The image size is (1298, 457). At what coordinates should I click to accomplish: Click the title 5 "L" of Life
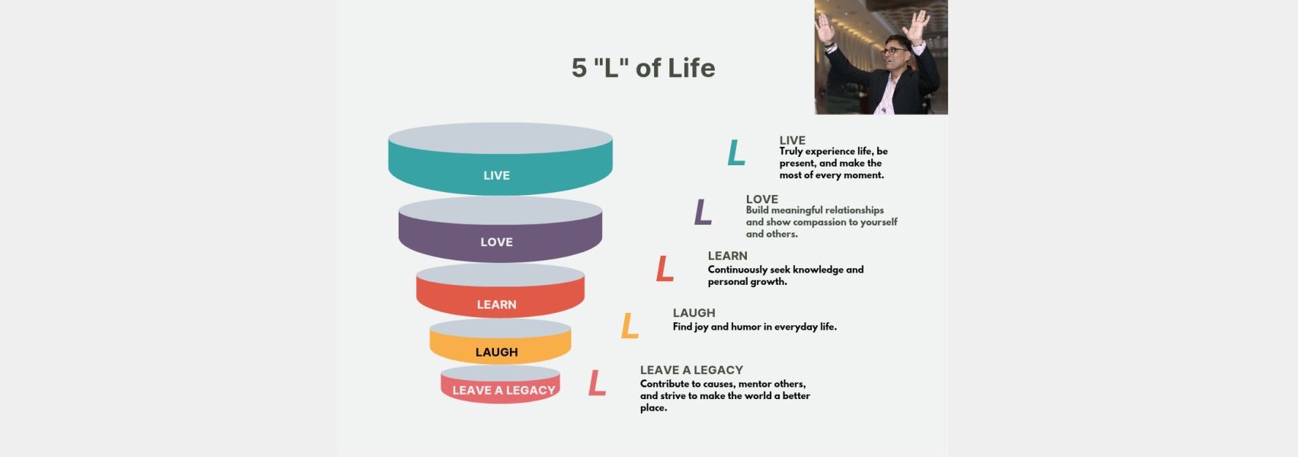tap(643, 68)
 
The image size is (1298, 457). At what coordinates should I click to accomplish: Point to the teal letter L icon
tap(736, 152)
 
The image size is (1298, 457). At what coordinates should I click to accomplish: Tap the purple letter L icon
tap(702, 212)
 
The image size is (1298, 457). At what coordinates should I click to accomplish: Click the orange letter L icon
tap(630, 325)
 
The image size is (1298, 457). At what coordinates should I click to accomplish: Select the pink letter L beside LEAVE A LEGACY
tap(597, 383)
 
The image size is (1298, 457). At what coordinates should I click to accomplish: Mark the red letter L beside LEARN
tap(664, 269)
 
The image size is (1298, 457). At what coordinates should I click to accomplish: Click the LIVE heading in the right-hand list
tap(792, 140)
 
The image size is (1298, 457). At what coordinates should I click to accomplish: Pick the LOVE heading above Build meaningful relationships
tap(761, 200)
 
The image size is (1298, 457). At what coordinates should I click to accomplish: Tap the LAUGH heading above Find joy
tap(694, 313)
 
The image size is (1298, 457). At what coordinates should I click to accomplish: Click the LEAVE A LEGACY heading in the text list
tap(691, 370)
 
